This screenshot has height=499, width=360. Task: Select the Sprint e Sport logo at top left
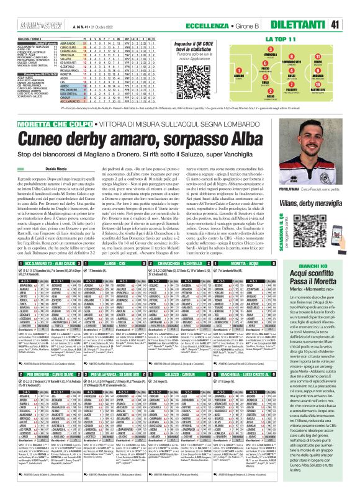point(18,7)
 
